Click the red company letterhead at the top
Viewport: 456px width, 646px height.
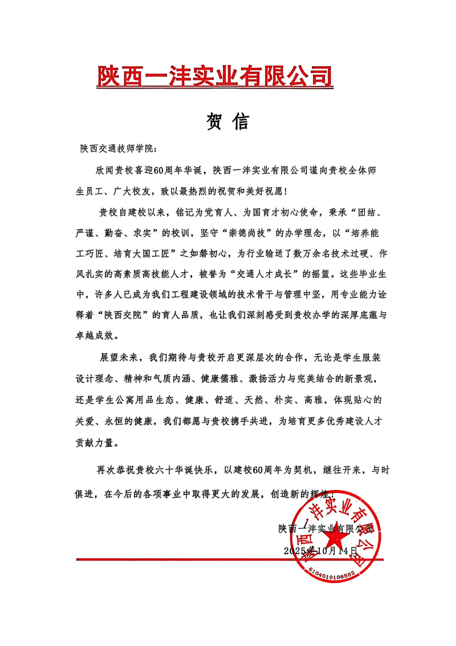pyautogui.click(x=215, y=76)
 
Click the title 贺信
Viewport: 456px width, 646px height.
pyautogui.click(x=227, y=122)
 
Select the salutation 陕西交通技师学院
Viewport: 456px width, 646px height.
pyautogui.click(x=117, y=149)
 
